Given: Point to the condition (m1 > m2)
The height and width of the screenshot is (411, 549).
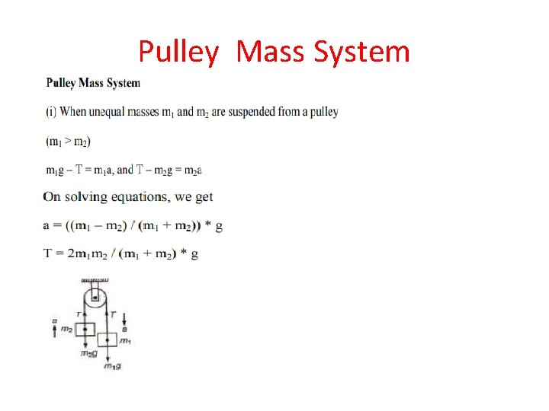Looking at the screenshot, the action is pyautogui.click(x=69, y=142).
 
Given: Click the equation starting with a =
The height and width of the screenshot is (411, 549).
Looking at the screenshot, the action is pyautogui.click(x=133, y=225).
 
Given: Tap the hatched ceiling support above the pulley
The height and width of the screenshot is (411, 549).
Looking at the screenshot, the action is pyautogui.click(x=95, y=280).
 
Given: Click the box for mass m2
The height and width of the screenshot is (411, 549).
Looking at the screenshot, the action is pyautogui.click(x=84, y=329).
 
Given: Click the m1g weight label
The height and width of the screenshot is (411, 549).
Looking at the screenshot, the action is pyautogui.click(x=112, y=367).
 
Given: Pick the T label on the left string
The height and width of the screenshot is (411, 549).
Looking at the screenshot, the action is pyautogui.click(x=78, y=314).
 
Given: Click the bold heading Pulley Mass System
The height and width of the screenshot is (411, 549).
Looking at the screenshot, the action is pyautogui.click(x=93, y=82).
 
